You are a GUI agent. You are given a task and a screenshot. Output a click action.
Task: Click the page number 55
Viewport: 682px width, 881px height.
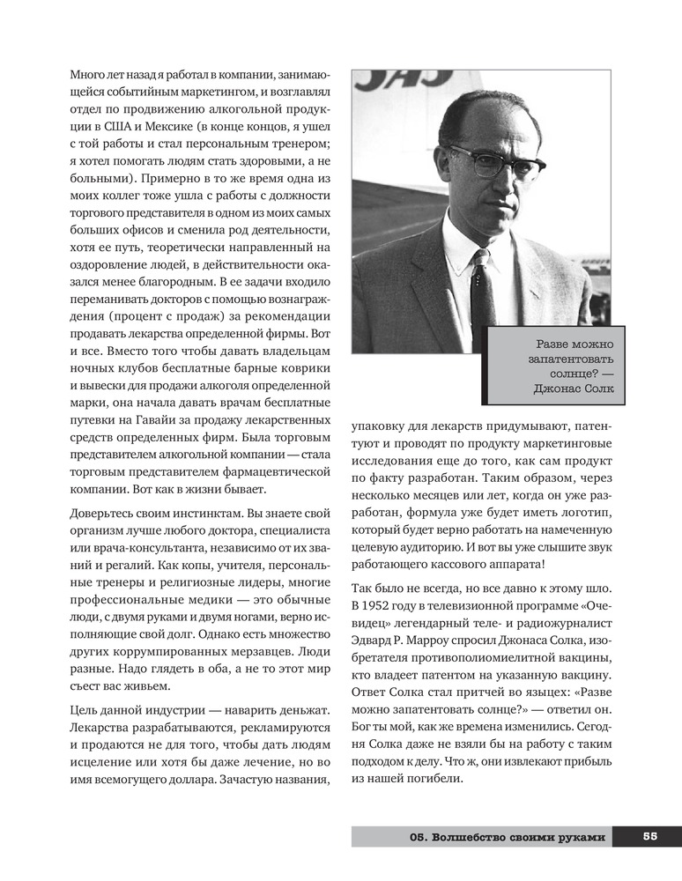650,837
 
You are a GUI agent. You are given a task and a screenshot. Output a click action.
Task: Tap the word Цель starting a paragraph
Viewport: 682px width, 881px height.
86,710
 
